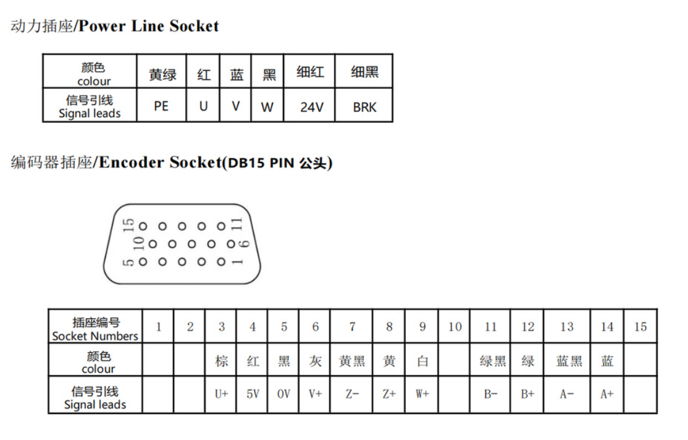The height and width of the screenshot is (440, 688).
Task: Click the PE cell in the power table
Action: coord(161,106)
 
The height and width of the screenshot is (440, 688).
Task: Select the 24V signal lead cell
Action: coord(311,107)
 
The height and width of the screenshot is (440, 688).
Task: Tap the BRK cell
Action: coord(364,107)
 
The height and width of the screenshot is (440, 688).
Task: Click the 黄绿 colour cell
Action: coord(162,75)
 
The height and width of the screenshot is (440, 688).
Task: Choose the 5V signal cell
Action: coord(253,394)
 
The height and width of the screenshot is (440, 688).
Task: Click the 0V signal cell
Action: coord(283,394)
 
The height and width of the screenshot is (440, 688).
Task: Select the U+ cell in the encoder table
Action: coord(222,394)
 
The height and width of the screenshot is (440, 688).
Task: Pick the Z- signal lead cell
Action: coord(351,394)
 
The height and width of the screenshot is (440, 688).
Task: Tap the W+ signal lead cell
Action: coord(422,394)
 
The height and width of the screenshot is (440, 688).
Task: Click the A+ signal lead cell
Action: coord(607,394)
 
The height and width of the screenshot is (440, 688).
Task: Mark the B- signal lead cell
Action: coord(491,394)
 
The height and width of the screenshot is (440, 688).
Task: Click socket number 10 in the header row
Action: coord(455,326)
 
